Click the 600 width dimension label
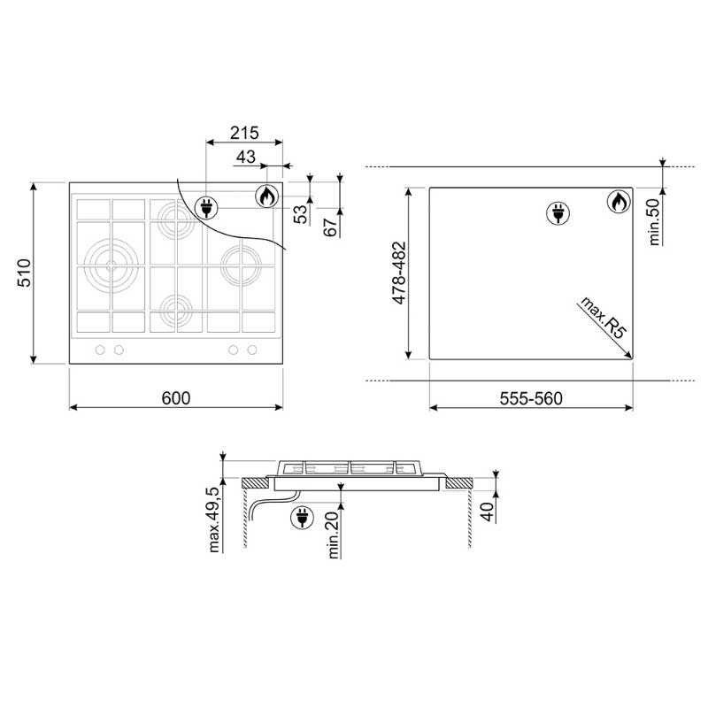[x=175, y=397]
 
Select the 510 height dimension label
[x=24, y=273]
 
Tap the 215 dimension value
[x=244, y=133]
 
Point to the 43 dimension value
[x=246, y=157]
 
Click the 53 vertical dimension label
[x=300, y=214]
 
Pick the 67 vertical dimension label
[x=330, y=227]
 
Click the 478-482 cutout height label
[x=399, y=273]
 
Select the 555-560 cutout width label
[x=531, y=398]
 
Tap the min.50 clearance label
[x=654, y=222]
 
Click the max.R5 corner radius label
[x=604, y=318]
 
